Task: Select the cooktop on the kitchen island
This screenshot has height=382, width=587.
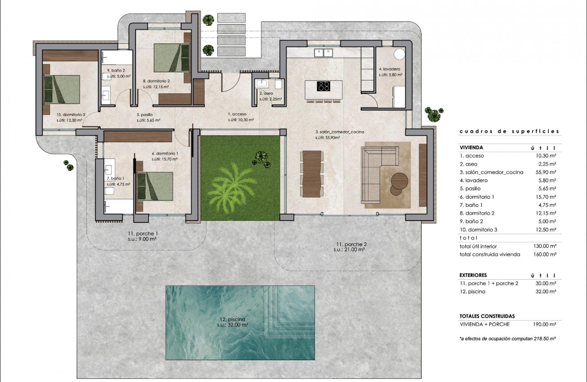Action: [x=324, y=86]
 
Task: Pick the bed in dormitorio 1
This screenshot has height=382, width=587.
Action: [x=156, y=186]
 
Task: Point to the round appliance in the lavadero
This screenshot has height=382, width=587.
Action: [x=399, y=54]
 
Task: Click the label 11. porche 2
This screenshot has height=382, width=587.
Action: [x=349, y=246]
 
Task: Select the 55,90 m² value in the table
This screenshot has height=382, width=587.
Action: [x=545, y=172]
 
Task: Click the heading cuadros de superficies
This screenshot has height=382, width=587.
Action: [x=509, y=131]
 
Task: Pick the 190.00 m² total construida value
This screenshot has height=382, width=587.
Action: [x=545, y=324]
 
